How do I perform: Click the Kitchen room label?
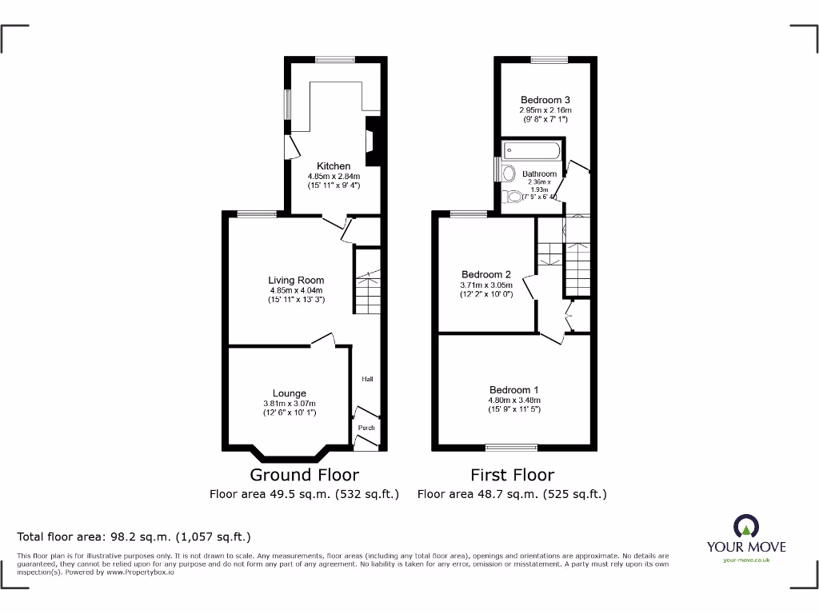(x=334, y=166)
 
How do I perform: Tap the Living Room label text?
(x=296, y=281)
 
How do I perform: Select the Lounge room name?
(x=290, y=393)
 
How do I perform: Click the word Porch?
(x=366, y=428)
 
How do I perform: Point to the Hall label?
(x=367, y=379)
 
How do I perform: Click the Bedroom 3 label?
(x=545, y=100)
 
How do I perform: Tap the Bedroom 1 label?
(x=514, y=390)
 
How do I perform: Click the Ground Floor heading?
(x=305, y=475)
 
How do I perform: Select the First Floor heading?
(x=512, y=475)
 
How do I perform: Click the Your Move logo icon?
(x=745, y=526)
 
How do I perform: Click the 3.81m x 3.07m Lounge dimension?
(x=290, y=404)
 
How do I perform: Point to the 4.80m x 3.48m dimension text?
(x=514, y=400)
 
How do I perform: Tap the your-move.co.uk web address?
(x=745, y=560)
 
